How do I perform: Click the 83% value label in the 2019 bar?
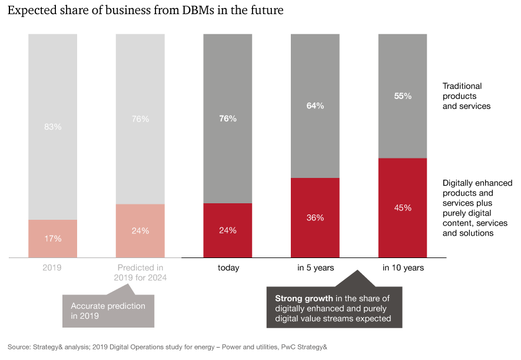[53, 127]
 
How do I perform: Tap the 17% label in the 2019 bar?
[53, 239]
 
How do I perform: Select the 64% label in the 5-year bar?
[315, 106]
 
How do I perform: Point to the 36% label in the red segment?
[315, 217]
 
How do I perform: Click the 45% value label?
[403, 207]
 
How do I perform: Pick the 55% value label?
[403, 95]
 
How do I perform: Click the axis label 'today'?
[228, 267]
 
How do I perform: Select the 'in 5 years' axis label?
[316, 267]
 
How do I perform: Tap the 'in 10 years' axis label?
[403, 267]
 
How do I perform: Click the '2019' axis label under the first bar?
[52, 267]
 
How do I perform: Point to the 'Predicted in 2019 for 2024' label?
[140, 272]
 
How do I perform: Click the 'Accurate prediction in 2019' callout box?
[108, 311]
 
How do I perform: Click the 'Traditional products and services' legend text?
[466, 96]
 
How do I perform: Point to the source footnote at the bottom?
[167, 347]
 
